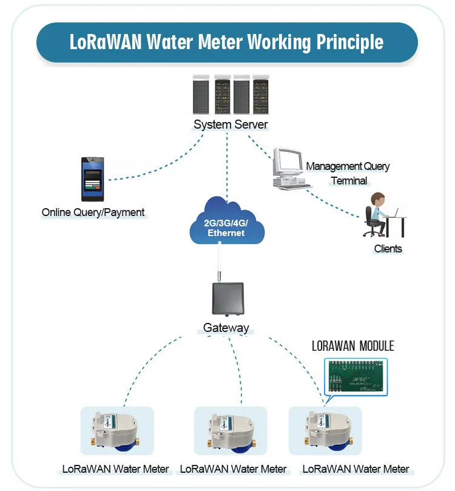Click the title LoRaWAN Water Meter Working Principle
(227, 42)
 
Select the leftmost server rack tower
(201, 94)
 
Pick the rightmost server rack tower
(260, 94)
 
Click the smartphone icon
(93, 179)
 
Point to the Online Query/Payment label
(93, 212)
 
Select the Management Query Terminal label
(348, 173)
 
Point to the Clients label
(388, 248)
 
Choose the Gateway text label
(226, 328)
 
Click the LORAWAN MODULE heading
(352, 346)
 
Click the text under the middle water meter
(234, 469)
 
